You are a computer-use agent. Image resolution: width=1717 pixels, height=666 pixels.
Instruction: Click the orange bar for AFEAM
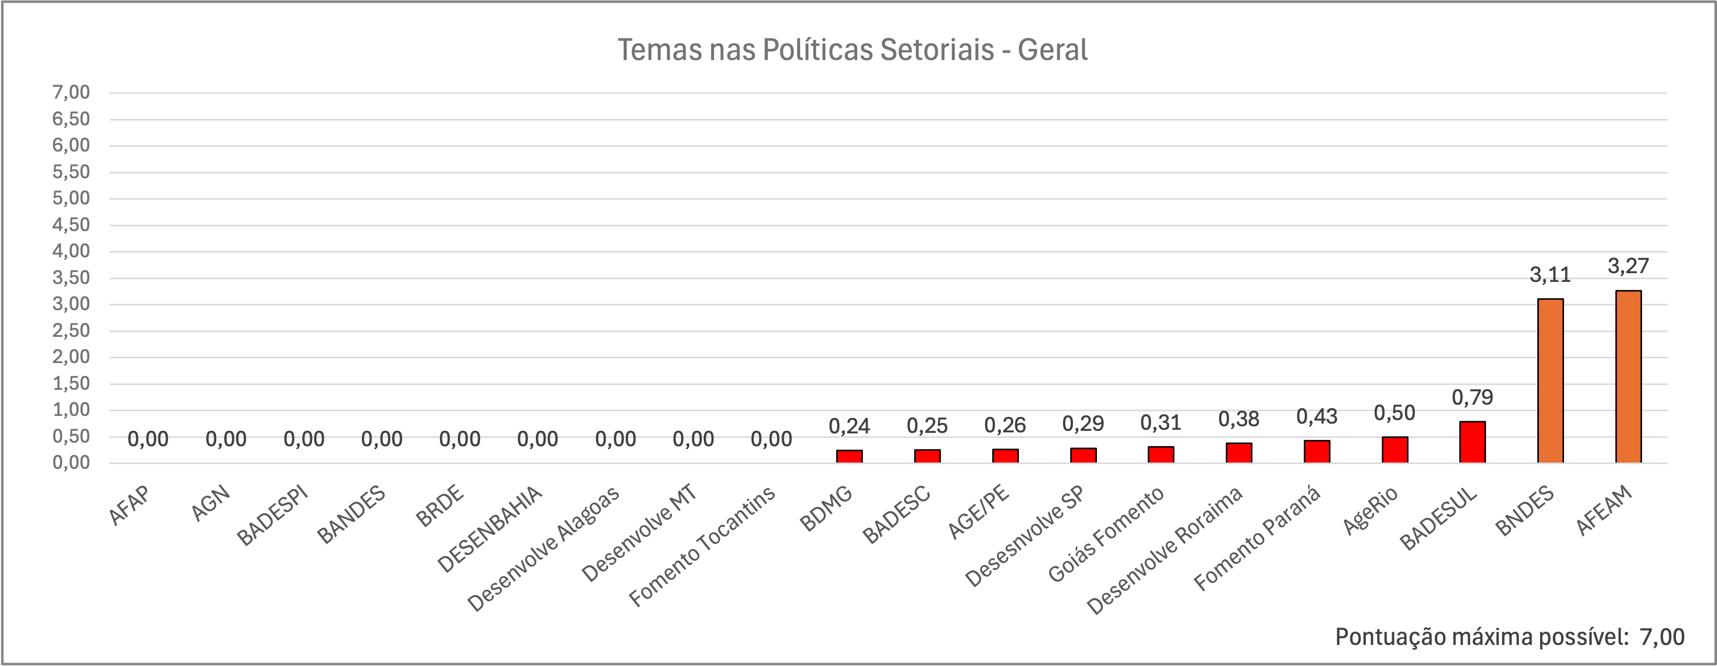pos(1628,377)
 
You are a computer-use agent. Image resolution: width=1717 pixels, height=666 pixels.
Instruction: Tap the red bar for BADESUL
pos(1472,442)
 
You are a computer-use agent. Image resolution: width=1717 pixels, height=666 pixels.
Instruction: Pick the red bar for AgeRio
pos(1395,450)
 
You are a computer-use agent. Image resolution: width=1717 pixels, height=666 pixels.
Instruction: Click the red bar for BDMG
pos(849,456)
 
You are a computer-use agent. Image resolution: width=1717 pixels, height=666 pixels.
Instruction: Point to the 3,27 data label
pos(1628,267)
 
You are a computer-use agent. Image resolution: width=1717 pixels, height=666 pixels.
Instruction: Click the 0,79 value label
pos(1472,398)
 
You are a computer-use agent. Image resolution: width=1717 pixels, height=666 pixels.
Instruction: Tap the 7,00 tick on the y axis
pos(71,92)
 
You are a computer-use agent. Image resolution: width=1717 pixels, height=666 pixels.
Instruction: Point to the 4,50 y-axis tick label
pos(71,225)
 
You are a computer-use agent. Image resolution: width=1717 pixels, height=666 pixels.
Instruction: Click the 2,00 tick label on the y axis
pos(71,357)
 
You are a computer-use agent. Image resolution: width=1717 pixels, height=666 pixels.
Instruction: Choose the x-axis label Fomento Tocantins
pos(703,547)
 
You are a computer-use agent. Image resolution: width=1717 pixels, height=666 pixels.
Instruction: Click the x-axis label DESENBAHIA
pos(490,530)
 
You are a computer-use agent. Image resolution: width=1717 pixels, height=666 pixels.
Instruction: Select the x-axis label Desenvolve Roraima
pos(1165,550)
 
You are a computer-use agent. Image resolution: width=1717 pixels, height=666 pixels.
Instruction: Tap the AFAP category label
pos(129,505)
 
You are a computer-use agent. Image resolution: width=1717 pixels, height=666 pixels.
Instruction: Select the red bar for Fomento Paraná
pos(1317,451)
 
